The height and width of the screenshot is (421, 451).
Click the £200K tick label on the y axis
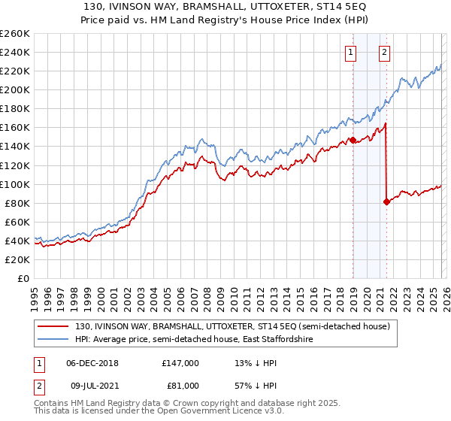(x=15, y=89)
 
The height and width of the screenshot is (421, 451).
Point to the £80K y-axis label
(x=17, y=203)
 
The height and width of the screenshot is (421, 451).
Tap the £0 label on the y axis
(x=23, y=278)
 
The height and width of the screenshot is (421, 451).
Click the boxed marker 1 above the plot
(x=351, y=52)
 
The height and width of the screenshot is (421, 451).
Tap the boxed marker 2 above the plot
(x=384, y=52)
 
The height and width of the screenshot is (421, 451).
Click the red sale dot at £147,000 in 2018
(x=352, y=140)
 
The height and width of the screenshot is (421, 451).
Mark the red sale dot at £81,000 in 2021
(x=386, y=201)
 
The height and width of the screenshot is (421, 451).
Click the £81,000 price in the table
(x=180, y=385)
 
